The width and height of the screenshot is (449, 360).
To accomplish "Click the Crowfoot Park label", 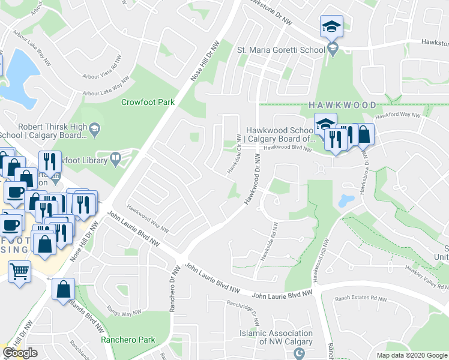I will [x=148, y=102].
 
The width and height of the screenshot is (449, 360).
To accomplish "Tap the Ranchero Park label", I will [x=128, y=340].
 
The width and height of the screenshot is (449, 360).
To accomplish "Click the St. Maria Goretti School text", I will [x=281, y=49].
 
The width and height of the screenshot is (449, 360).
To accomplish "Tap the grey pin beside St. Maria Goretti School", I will [x=334, y=49].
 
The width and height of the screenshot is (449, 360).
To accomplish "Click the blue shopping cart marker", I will [x=20, y=272].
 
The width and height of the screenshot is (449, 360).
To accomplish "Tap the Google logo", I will [x=20, y=353].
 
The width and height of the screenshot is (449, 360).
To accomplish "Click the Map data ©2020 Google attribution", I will [x=411, y=355].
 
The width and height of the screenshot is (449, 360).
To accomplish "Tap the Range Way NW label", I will [x=124, y=312].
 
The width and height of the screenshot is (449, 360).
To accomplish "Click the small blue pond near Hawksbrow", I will [x=346, y=200].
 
